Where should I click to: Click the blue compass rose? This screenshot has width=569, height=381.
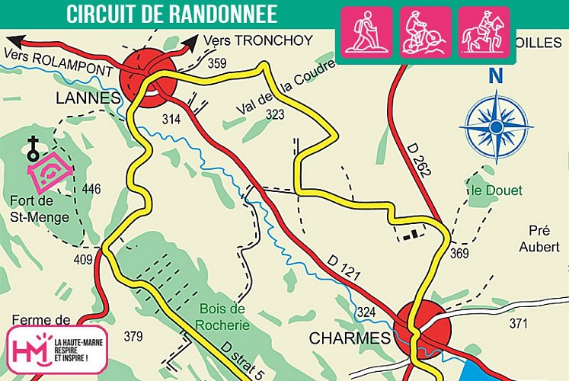click(497, 125)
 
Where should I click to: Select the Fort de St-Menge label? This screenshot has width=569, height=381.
click(40, 209)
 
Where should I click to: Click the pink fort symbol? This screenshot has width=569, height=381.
click(50, 172)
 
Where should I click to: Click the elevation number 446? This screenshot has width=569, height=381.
click(91, 189)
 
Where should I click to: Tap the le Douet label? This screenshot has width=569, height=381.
click(496, 190)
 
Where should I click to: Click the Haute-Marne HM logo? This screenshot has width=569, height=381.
click(56, 350)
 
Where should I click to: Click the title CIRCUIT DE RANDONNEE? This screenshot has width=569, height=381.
click(171, 14)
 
